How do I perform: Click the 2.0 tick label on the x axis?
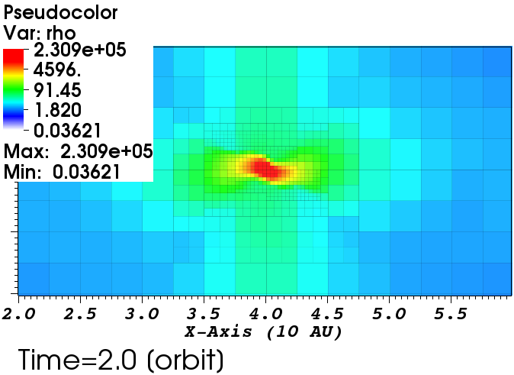pos(18,314)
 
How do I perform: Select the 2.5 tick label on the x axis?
pos(80,314)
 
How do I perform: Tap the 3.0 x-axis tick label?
pos(142,314)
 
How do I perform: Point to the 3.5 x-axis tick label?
pos(204,314)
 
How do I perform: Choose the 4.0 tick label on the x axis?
pos(265,314)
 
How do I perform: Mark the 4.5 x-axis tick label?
pos(327,314)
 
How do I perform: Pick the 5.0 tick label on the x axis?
pos(389,314)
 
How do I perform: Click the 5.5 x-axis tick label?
pos(451,314)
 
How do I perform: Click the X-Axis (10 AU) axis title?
pos(263,332)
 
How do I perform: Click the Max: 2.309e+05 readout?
pos(78,150)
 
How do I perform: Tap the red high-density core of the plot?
pos(265,168)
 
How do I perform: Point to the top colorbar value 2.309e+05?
pos(77,51)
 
